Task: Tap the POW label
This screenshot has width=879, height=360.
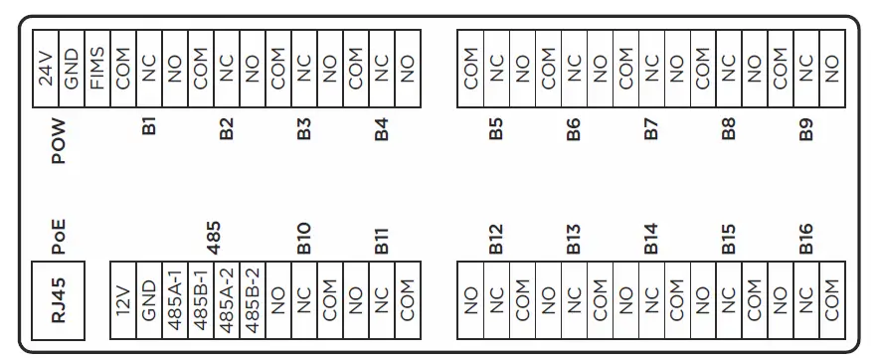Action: (x=59, y=141)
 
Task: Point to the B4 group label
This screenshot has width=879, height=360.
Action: (x=381, y=128)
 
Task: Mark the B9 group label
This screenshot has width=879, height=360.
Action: (x=806, y=128)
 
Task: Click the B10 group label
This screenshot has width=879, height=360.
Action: (x=304, y=237)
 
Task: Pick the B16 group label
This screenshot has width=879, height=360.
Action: (x=806, y=237)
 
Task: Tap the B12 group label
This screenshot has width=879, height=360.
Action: (x=496, y=237)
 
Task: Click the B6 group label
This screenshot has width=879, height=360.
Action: (x=574, y=128)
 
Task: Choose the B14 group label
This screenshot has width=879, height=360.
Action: (x=651, y=237)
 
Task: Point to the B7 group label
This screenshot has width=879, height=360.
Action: (x=651, y=128)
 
